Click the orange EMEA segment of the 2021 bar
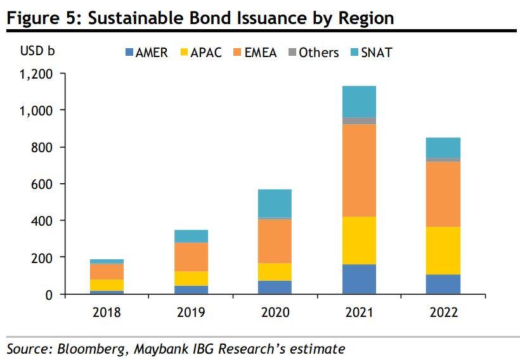[x=359, y=170]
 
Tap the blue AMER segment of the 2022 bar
[x=443, y=284]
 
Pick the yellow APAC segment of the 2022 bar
[x=443, y=250]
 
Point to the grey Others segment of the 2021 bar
[x=359, y=121]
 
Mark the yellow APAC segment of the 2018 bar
[x=107, y=285]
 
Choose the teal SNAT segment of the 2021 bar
[x=359, y=101]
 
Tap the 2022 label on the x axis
[x=443, y=312]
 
